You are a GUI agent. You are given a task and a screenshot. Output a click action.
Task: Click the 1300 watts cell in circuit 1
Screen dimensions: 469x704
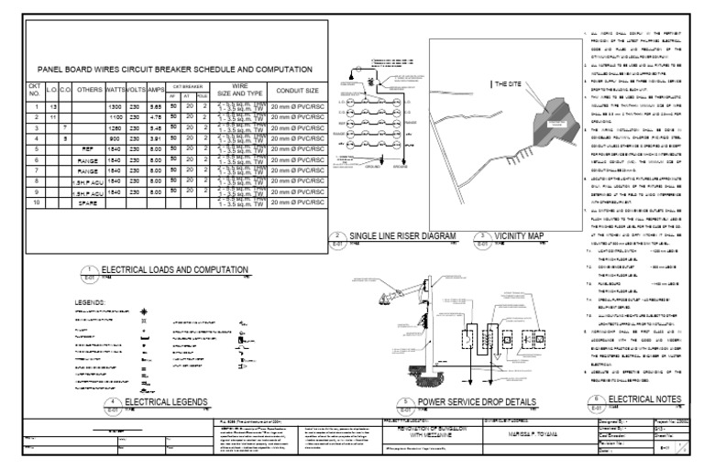pyautogui.click(x=115, y=108)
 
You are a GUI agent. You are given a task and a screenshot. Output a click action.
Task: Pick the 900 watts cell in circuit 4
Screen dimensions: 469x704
pyautogui.click(x=115, y=138)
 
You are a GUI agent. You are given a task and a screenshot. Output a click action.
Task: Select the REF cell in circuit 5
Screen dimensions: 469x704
pyautogui.click(x=88, y=148)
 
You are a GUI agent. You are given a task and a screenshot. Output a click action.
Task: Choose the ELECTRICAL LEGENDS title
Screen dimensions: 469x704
pyautogui.click(x=167, y=402)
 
